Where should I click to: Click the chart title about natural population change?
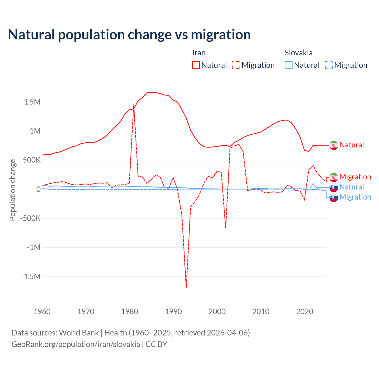click(129, 35)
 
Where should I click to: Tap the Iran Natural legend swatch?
click(196, 65)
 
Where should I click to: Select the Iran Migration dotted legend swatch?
click(236, 65)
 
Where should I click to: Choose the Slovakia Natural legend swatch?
click(289, 65)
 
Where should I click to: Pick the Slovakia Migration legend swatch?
click(329, 65)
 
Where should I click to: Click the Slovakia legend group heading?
click(298, 53)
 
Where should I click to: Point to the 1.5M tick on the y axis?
click(32, 102)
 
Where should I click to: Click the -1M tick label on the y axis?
click(33, 247)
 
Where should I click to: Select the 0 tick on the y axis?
click(38, 189)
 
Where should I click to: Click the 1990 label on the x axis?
click(173, 311)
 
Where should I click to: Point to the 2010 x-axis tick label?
click(261, 311)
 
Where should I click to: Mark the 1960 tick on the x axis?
click(42, 311)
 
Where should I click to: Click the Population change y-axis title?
click(12, 190)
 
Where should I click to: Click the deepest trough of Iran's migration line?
click(186, 287)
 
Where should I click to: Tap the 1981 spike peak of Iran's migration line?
click(134, 105)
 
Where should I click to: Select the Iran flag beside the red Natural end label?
click(334, 145)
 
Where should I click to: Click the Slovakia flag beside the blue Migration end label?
click(334, 197)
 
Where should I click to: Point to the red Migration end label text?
click(355, 177)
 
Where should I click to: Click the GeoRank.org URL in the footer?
click(76, 344)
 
